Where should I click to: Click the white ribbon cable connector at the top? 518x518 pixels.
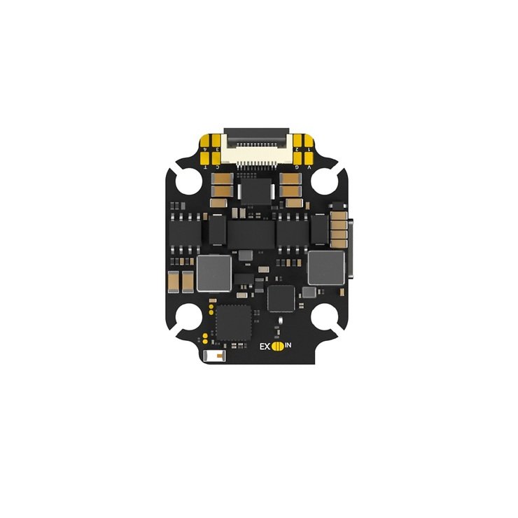tap(256, 140)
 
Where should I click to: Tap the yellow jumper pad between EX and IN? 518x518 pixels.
tap(278, 346)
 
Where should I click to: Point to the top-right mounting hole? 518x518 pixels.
tap(325, 181)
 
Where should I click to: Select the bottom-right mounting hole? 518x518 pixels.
tap(325, 318)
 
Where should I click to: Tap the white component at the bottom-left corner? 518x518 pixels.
tap(212, 357)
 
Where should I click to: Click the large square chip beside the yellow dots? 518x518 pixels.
tap(232, 324)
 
